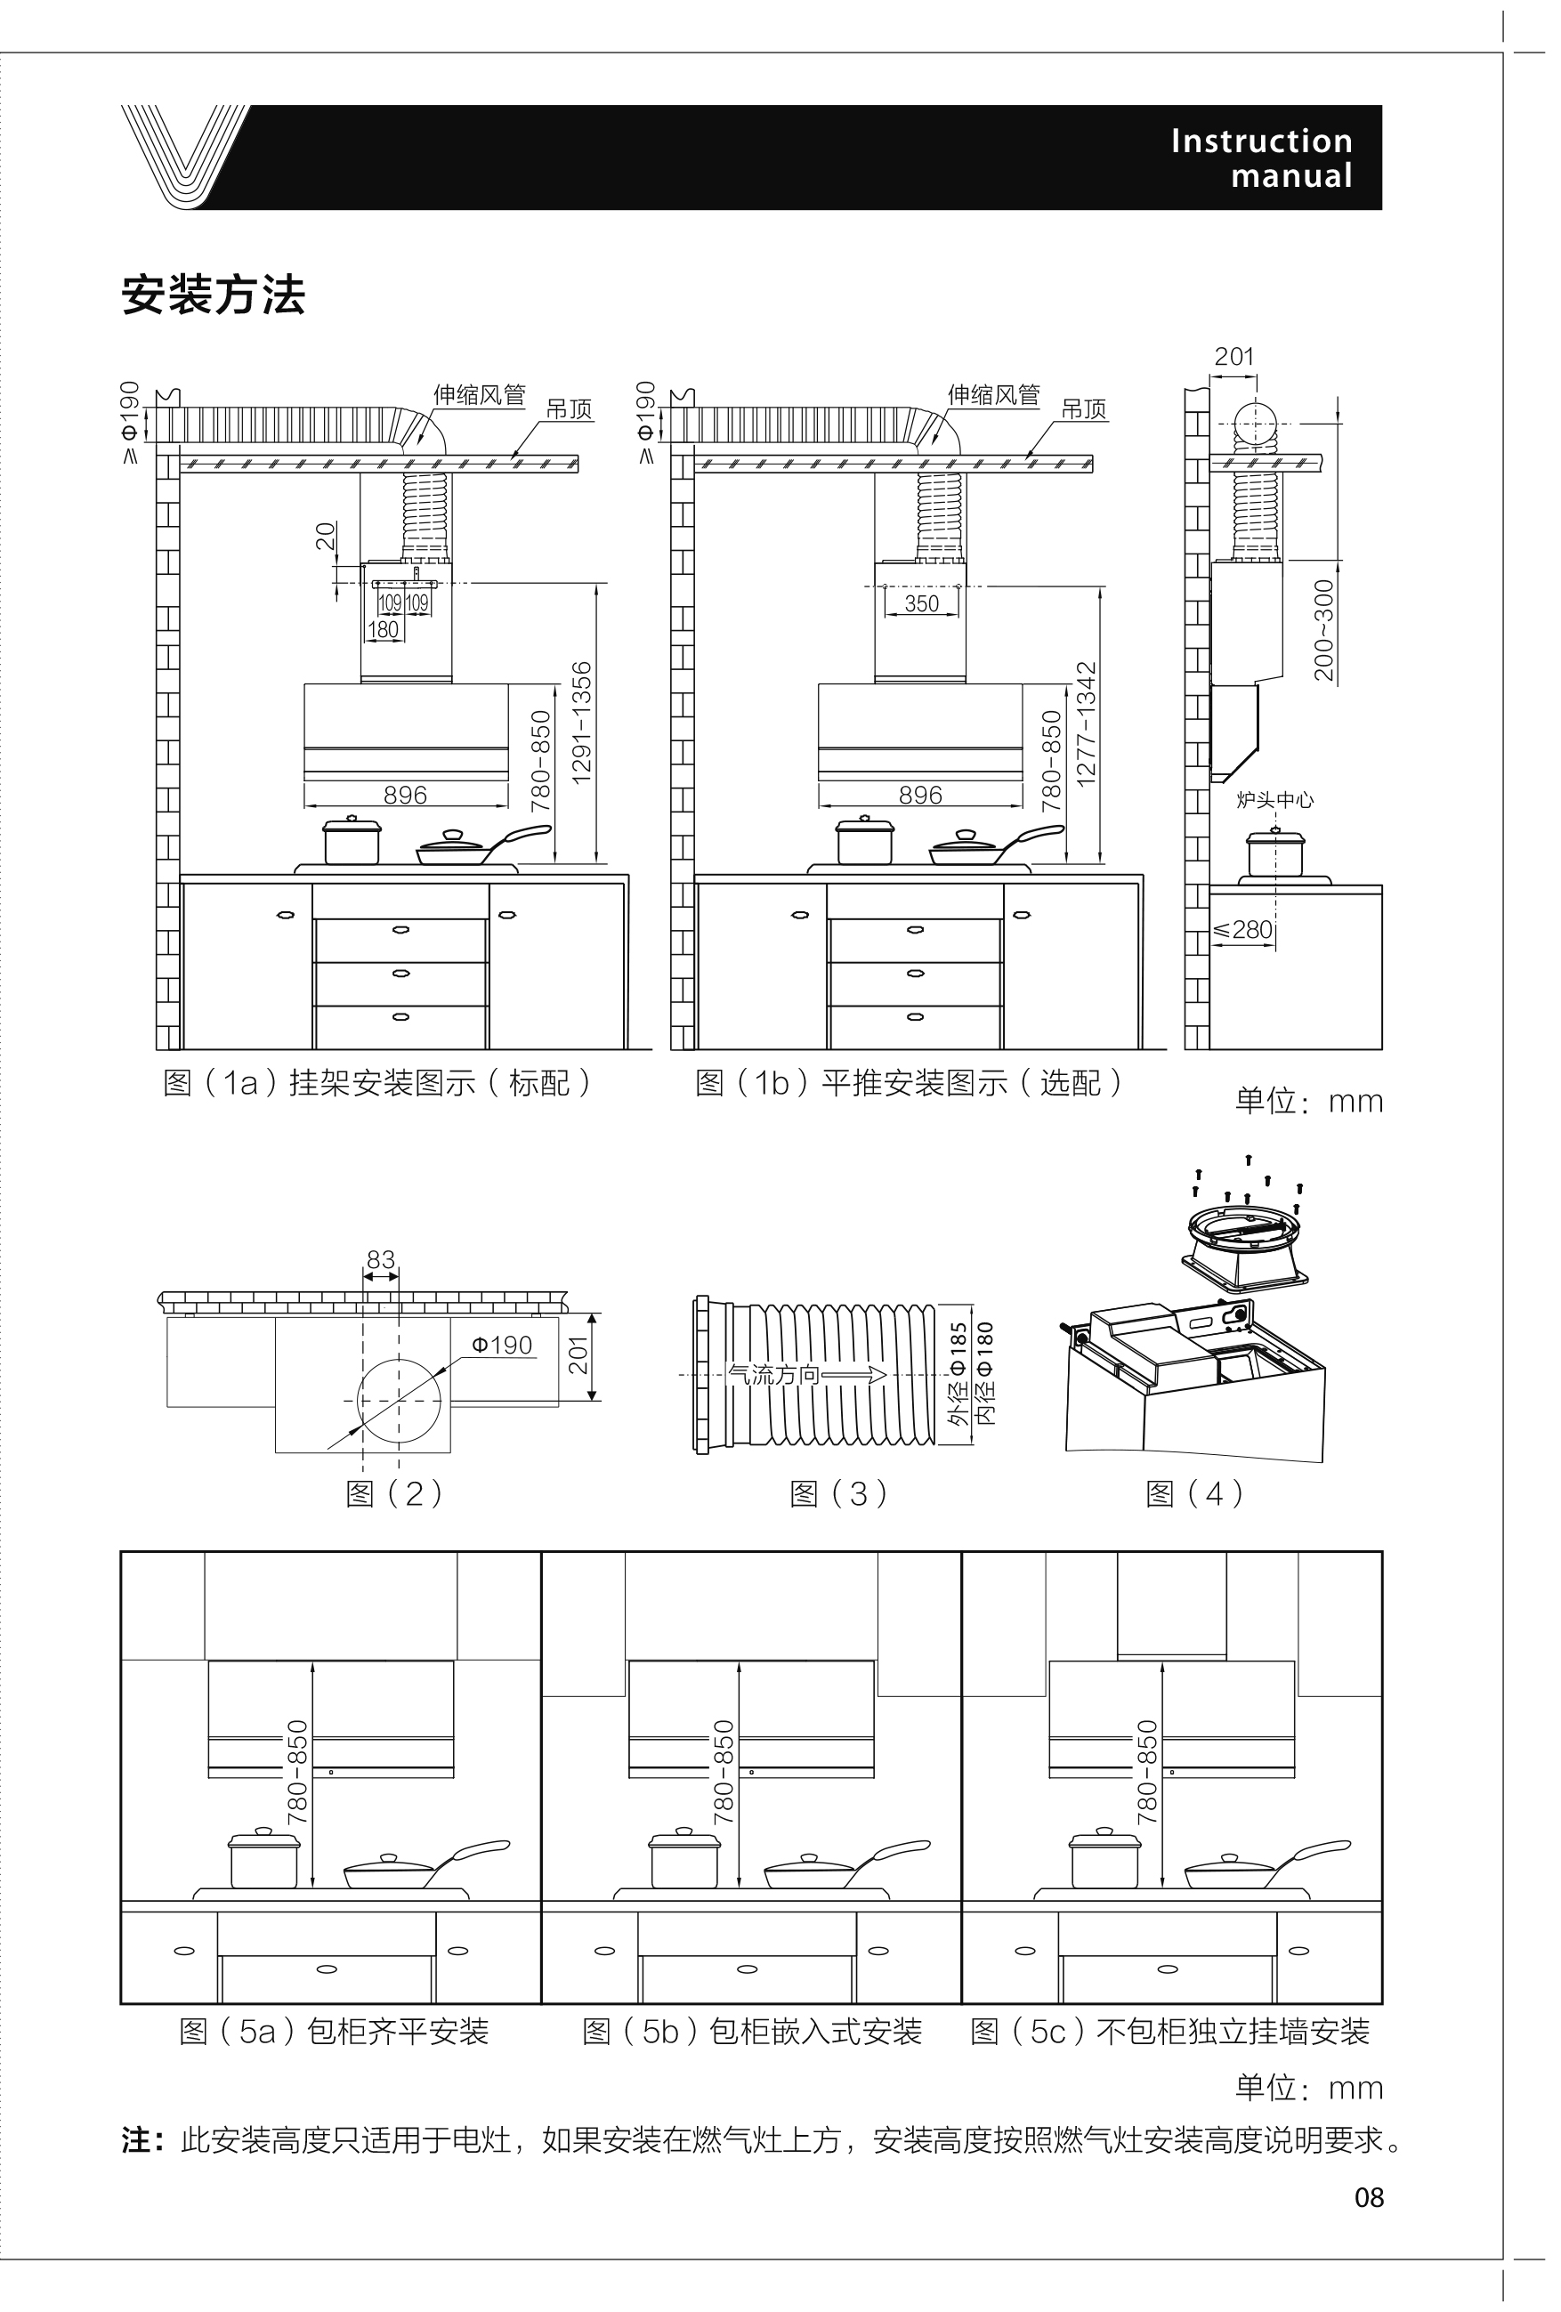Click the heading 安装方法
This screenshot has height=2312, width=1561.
tap(213, 295)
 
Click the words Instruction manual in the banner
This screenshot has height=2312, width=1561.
tap(1262, 158)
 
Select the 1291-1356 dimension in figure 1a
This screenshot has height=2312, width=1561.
tap(582, 723)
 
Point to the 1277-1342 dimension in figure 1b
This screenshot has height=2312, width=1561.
tap(1087, 724)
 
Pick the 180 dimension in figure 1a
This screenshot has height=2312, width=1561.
tap(383, 630)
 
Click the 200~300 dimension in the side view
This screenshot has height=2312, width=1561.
tap(1324, 630)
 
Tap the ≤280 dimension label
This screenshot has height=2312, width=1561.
tap(1242, 929)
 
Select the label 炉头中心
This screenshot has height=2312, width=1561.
tap(1274, 800)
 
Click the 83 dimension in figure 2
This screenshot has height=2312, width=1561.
tap(381, 1259)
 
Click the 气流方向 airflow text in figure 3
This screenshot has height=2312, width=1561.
tap(774, 1375)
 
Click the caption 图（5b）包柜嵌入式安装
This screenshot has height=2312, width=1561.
tap(752, 2032)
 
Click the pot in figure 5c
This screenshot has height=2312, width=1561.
tap(1104, 1857)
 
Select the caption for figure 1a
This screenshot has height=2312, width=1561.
tap(377, 1082)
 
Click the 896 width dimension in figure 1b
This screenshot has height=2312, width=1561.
tap(920, 795)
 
